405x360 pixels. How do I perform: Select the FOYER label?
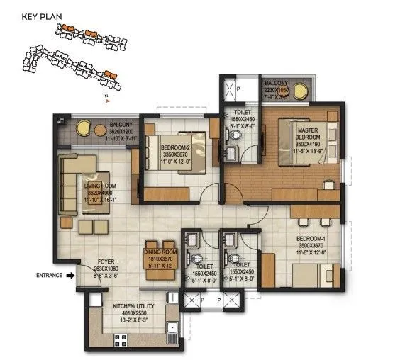click(106, 261)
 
